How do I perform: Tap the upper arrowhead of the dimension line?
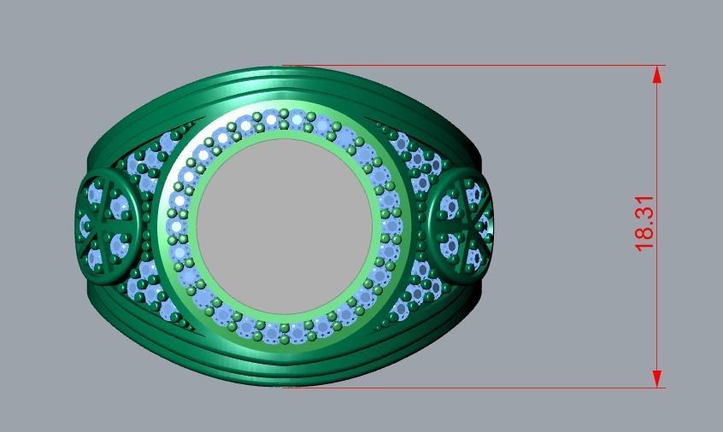[x=657, y=74]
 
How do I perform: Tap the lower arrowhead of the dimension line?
[x=657, y=379]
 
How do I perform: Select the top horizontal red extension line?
[x=470, y=66]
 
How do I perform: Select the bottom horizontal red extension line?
[x=470, y=388]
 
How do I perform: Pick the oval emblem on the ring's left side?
[x=108, y=221]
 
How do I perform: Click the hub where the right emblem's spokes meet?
[x=461, y=223]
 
